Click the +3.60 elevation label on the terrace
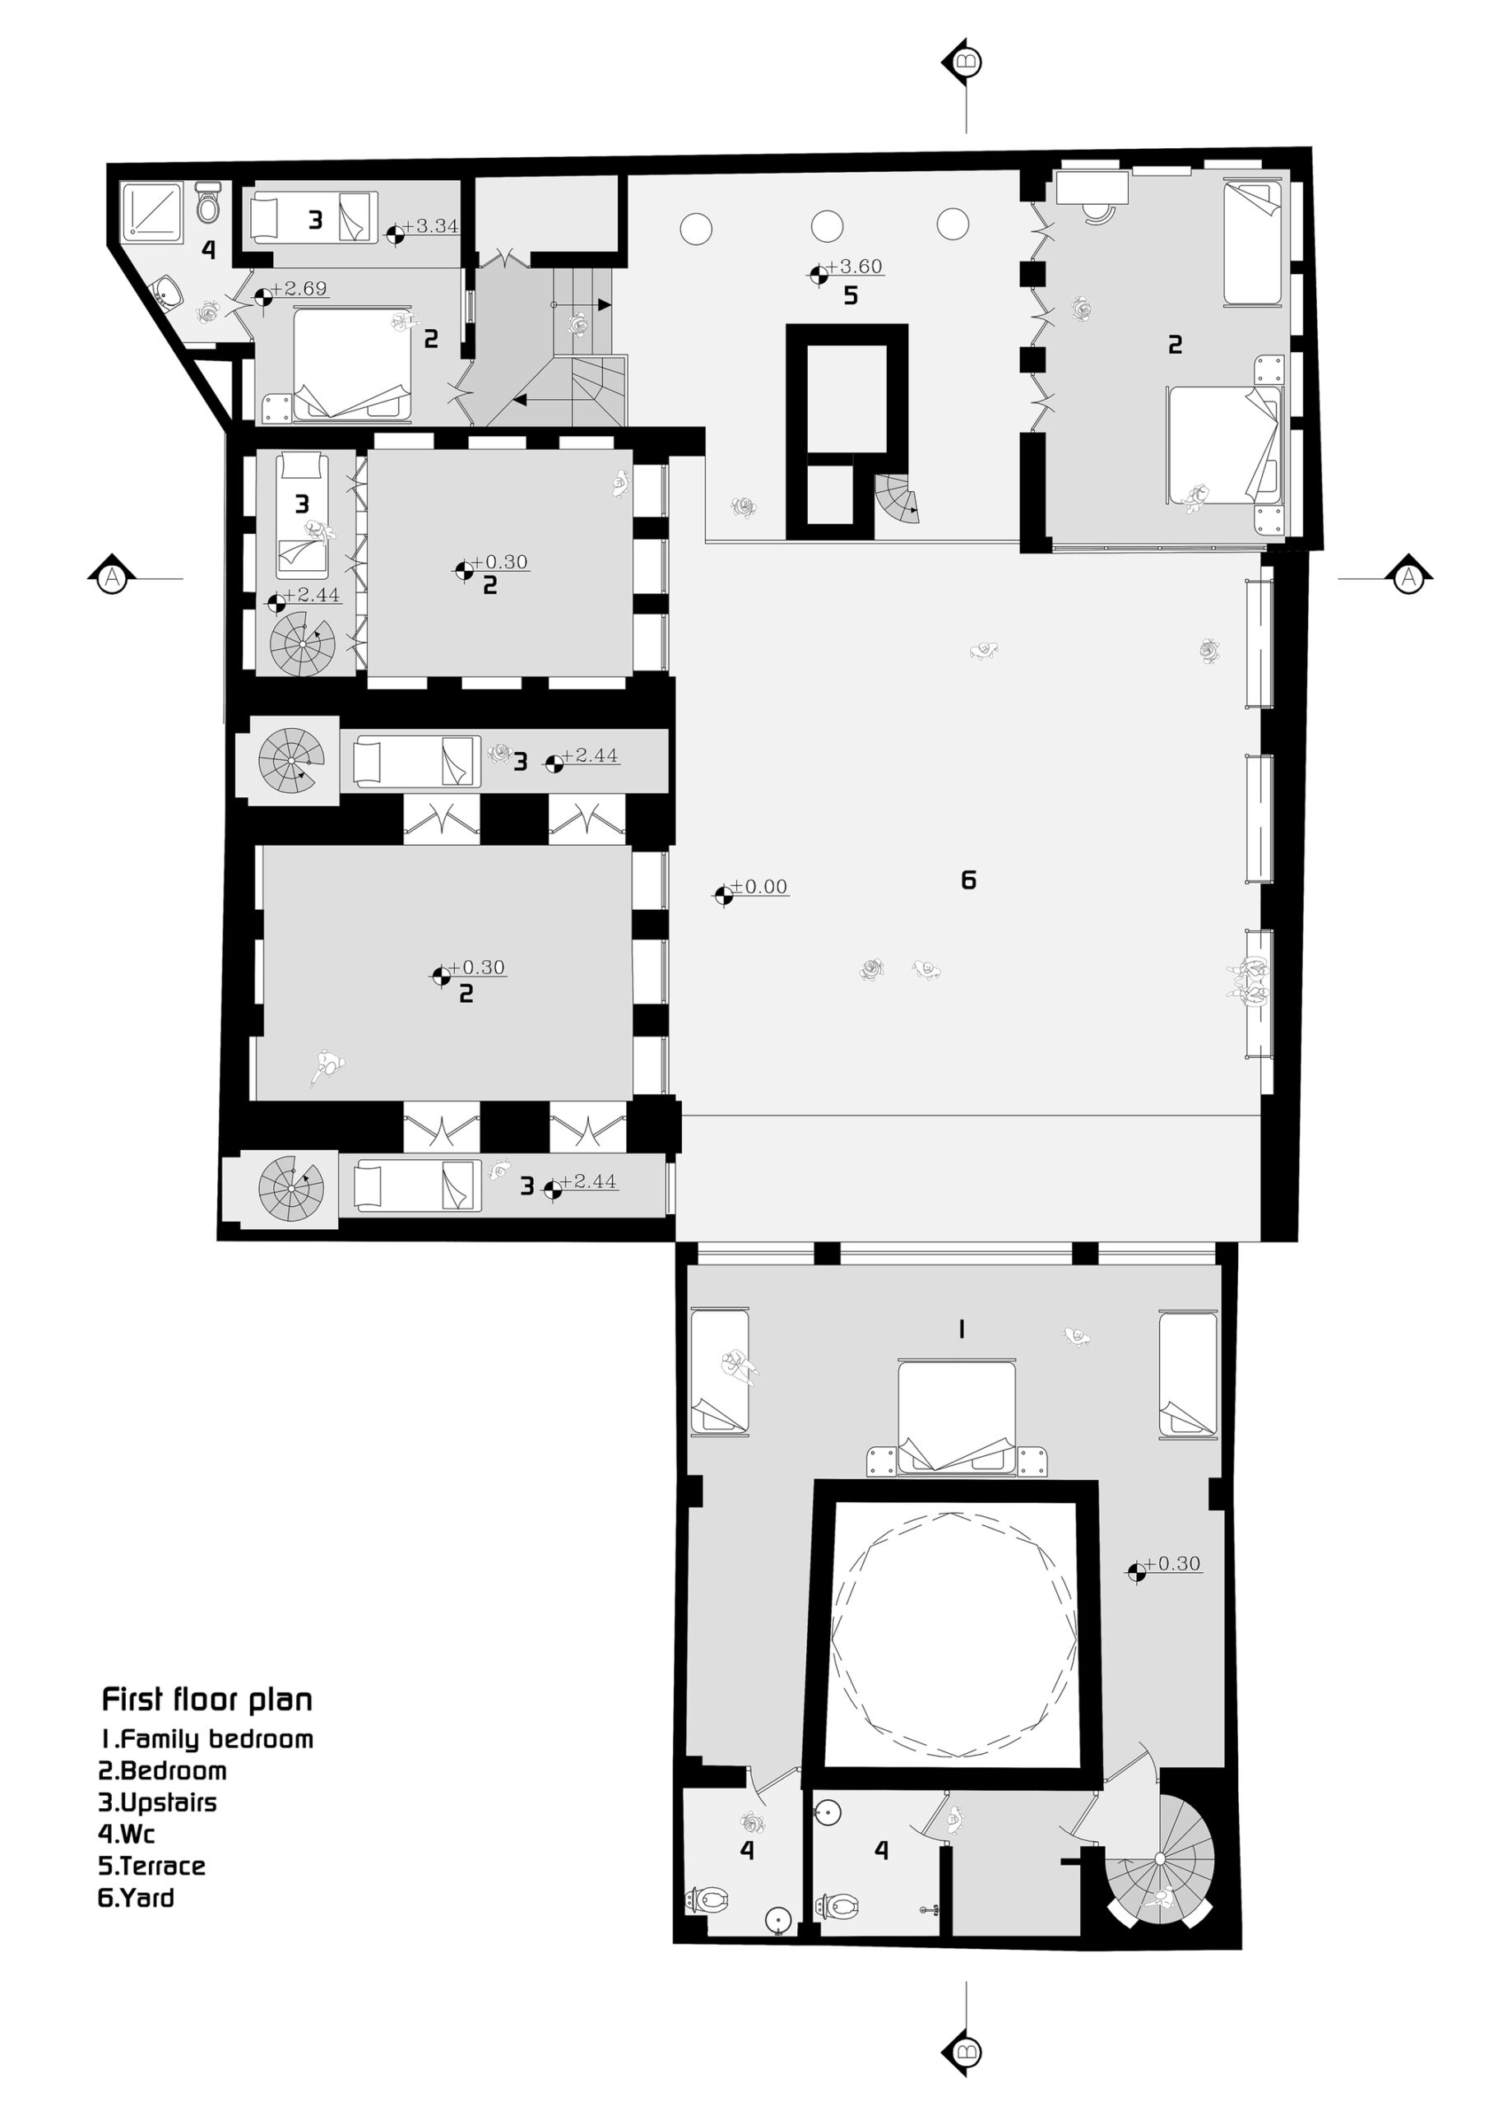(854, 267)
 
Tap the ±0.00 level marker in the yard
(758, 887)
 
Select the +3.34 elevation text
(430, 225)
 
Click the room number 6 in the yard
(968, 880)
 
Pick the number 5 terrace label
(851, 295)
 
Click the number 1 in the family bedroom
(961, 1329)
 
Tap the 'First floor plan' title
(206, 1700)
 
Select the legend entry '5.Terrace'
(151, 1866)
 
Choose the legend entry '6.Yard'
(136, 1897)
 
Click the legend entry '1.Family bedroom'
(206, 1739)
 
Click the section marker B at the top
(967, 63)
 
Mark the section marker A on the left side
(112, 578)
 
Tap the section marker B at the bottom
(967, 2051)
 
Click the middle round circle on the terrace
(827, 225)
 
